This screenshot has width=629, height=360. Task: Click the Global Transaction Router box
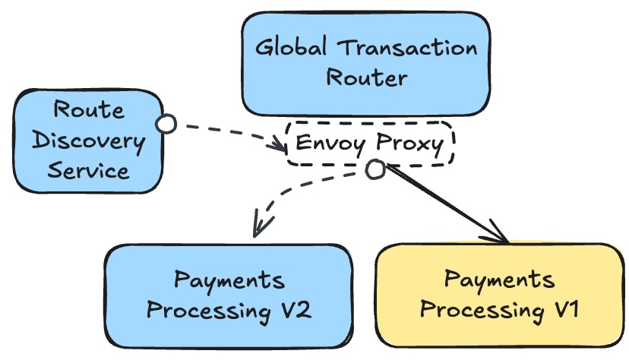pos(366,63)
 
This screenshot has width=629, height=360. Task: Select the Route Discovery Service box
pos(88,140)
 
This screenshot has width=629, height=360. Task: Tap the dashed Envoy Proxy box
pos(370,144)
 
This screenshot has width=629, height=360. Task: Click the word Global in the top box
pos(292,49)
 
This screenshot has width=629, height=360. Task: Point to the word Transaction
pos(407,49)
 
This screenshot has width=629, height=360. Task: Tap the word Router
pos(366,77)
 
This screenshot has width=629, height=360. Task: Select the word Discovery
pos(88,140)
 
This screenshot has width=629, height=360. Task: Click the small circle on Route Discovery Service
pos(166,123)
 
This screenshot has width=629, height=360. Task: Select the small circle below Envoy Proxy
pos(375,169)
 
